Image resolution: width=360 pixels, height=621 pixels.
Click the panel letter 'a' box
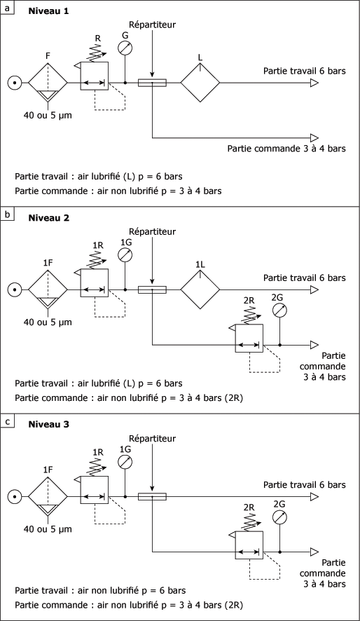pos(8,7)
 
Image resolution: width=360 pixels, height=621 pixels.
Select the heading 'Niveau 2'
pos(48,218)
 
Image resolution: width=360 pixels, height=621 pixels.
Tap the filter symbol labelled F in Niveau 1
pos(48,83)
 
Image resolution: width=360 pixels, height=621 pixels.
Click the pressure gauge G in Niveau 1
pos(125,48)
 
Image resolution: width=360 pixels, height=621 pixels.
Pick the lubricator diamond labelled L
pos(200,83)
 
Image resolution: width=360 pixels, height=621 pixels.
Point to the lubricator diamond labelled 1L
pos(200,289)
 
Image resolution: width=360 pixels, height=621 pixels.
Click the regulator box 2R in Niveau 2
pos(249,339)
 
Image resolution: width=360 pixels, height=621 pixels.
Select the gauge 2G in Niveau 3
pos(279,517)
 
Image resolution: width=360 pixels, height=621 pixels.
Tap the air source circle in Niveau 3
pos(15,496)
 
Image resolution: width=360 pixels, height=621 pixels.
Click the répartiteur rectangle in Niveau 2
pos(152,289)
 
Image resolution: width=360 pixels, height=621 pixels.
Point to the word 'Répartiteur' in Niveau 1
pos(152,25)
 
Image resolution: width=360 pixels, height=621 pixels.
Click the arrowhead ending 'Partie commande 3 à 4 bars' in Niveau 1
pos(314,138)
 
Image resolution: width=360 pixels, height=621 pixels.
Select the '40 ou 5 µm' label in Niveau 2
pos(48,322)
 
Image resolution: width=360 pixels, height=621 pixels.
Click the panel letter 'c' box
pos(8,421)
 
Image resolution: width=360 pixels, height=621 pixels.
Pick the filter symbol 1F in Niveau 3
pos(48,496)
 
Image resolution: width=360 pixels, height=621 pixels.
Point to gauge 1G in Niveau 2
pos(125,255)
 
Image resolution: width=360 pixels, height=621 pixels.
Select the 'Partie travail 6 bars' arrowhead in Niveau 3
pos(314,496)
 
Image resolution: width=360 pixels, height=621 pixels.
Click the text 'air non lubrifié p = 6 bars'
pos(132,590)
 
